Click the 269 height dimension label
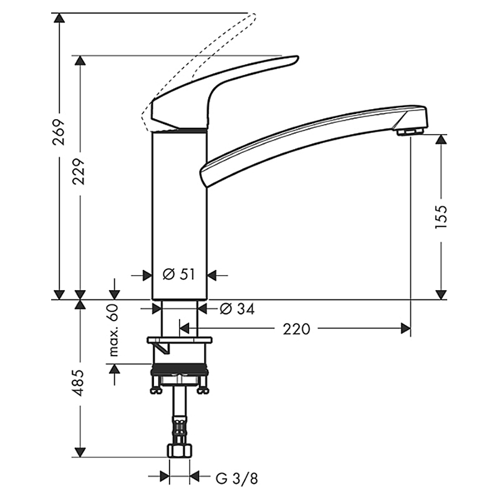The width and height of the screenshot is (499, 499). pos(59,132)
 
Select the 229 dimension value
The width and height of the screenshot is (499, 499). pos(79,172)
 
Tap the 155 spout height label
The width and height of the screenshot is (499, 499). pos(441,217)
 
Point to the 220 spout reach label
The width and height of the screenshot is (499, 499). pos(296,329)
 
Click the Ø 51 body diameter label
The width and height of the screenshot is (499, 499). pos(178,274)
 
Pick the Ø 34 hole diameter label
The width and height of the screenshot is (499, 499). pos(237,309)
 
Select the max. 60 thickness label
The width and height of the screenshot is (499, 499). pos(114,330)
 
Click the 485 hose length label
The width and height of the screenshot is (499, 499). pos(79,383)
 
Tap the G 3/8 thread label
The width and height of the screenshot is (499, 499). pos(237,478)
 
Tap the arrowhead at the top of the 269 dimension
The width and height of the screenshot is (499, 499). pos(59,18)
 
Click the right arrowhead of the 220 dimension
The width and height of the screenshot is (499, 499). pos(405,329)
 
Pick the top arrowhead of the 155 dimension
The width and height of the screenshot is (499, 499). pos(441,139)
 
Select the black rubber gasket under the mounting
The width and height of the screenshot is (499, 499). pos(180,369)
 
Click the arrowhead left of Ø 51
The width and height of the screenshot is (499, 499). pos(147,275)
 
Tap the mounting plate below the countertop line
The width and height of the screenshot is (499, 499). pos(180,340)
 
